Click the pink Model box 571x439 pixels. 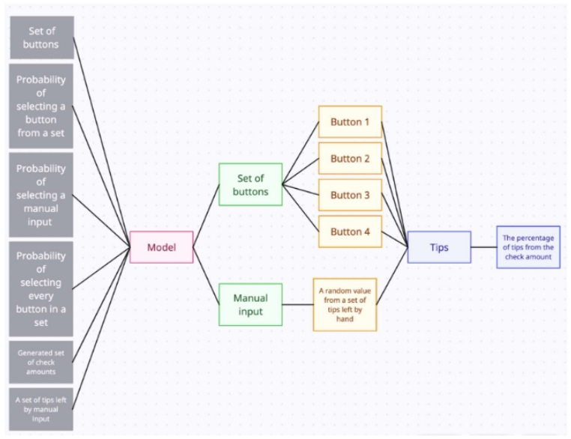(161, 247)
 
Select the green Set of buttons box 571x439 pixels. (250, 184)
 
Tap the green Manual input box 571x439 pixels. (250, 304)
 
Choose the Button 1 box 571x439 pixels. (350, 121)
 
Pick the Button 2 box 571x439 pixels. (350, 158)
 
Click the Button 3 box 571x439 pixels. (350, 195)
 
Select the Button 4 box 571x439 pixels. (350, 231)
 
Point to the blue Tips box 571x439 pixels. (439, 247)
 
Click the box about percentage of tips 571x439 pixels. (528, 247)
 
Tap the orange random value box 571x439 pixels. (345, 304)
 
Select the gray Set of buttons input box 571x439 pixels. (42, 37)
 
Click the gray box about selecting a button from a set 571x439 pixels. (42, 106)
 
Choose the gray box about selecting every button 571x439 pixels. (42, 288)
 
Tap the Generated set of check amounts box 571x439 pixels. (42, 361)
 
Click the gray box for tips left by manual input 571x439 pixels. (42, 408)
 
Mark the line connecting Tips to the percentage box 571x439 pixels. (483, 247)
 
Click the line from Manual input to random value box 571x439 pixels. (297, 304)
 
